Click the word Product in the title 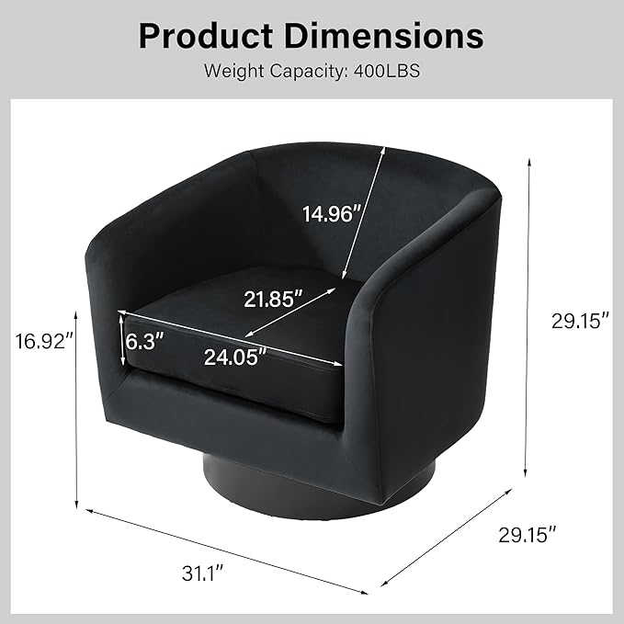(x=206, y=36)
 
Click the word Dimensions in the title (x=383, y=36)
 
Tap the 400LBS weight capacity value (x=386, y=71)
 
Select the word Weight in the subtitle (x=234, y=72)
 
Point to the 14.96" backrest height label (x=332, y=214)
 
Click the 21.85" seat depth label (x=273, y=299)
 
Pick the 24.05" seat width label (x=234, y=357)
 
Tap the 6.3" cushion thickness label (x=144, y=341)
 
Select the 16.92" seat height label (x=44, y=342)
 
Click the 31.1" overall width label (x=202, y=573)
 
